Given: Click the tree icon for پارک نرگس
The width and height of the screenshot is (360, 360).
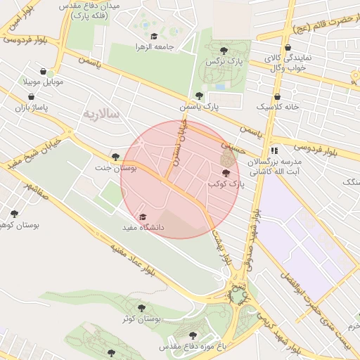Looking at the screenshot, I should point(224,50).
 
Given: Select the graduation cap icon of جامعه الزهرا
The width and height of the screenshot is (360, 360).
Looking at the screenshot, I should point(154,35).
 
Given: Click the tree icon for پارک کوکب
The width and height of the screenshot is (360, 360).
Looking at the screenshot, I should point(226,173).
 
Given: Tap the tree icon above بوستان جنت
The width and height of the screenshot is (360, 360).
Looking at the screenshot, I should point(115,157).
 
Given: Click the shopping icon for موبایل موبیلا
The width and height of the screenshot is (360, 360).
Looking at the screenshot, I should point(44,72).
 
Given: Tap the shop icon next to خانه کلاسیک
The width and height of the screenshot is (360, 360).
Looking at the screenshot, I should point(277,97).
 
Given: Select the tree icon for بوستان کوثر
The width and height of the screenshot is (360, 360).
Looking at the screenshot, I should point(141,308).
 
